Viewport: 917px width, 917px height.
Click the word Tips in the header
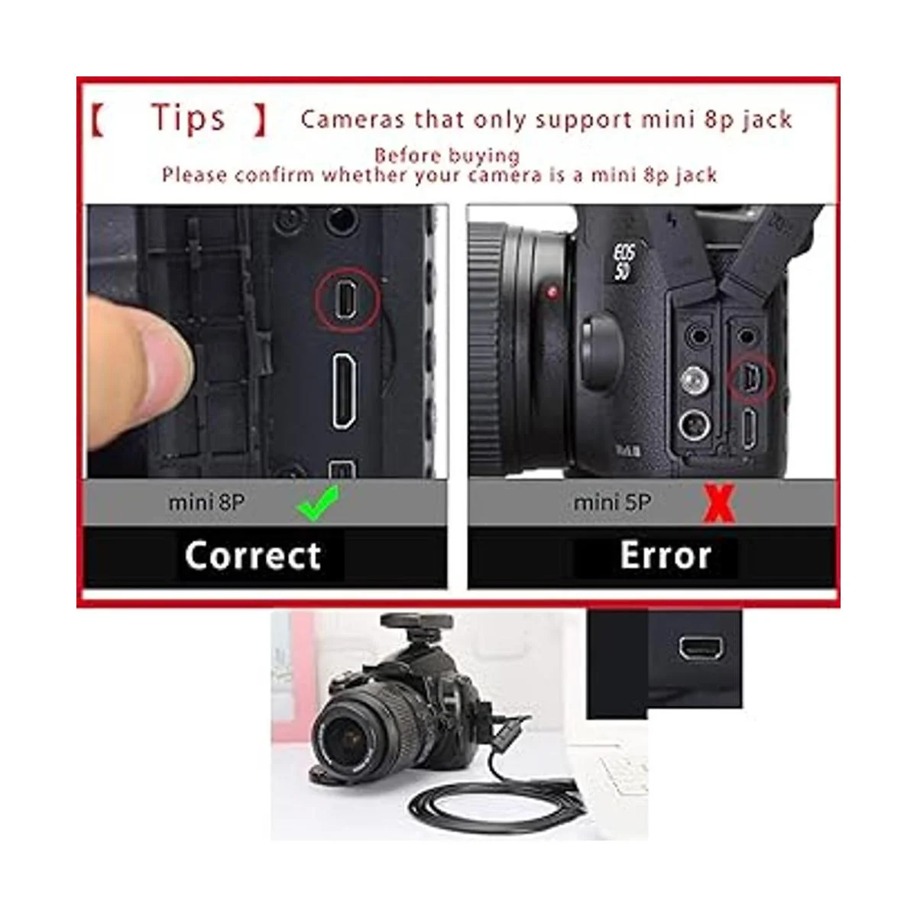188,118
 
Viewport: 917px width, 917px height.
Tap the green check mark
318,503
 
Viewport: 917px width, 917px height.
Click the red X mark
719,504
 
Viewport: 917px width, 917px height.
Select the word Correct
253,556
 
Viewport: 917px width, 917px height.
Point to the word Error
666,556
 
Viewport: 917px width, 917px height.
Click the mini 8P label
206,503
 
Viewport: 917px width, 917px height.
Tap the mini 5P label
612,503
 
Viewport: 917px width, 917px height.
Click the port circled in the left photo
346,300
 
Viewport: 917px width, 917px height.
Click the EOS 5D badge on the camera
624,262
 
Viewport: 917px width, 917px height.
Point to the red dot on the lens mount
552,292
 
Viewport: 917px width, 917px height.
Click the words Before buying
447,156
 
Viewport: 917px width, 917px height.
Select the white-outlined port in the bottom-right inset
702,649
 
